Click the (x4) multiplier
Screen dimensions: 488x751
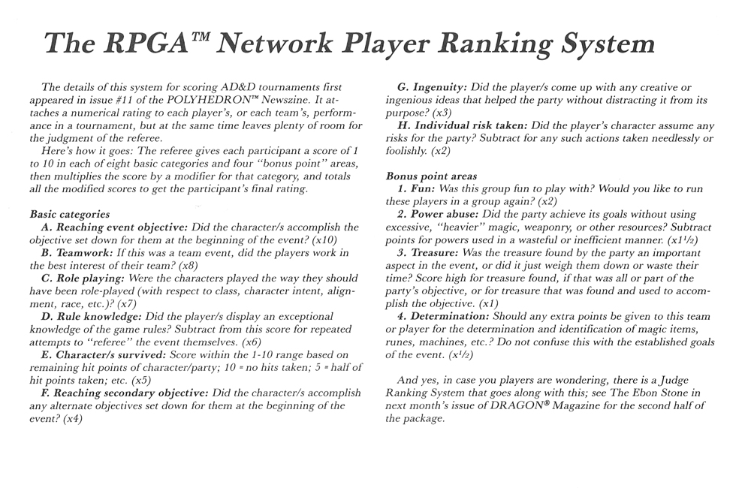click(72, 419)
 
